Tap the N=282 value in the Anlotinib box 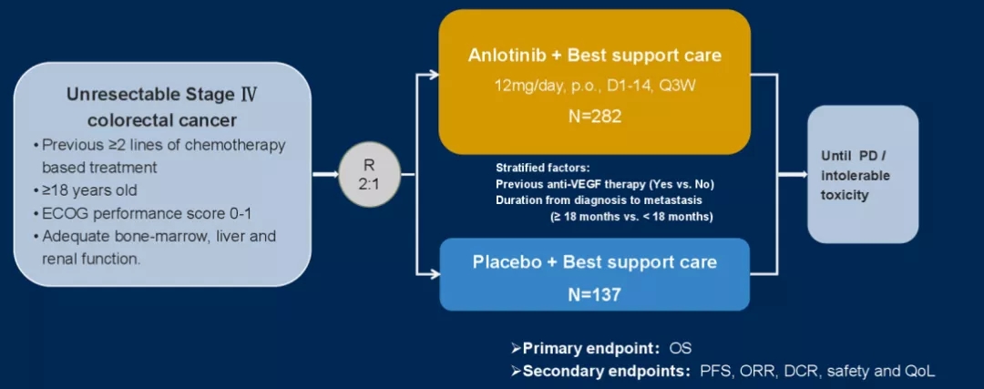click(x=594, y=118)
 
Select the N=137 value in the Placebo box click(x=594, y=293)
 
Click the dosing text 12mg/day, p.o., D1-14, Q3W click(x=594, y=86)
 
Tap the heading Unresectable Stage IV click(x=164, y=95)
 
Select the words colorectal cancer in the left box click(x=163, y=120)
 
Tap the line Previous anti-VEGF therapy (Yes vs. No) click(x=599, y=184)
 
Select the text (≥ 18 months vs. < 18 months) click(x=630, y=217)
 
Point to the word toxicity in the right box click(x=846, y=195)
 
